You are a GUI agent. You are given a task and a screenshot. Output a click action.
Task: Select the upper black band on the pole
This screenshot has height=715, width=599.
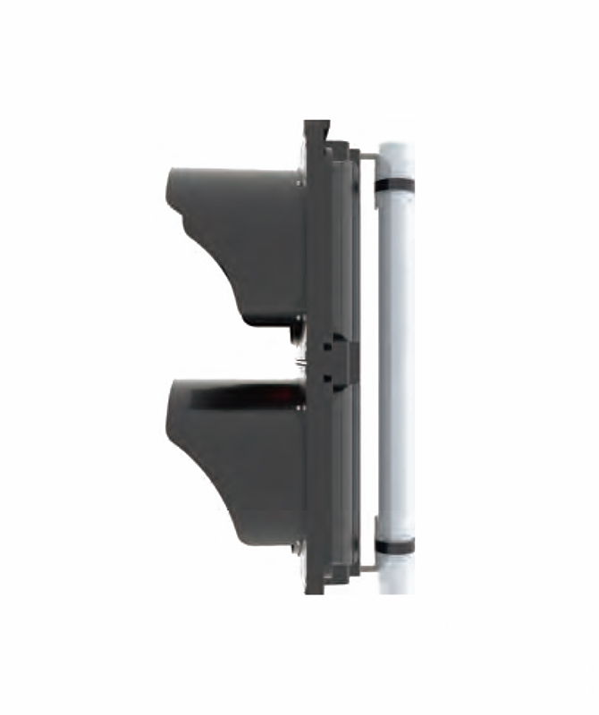[394, 186]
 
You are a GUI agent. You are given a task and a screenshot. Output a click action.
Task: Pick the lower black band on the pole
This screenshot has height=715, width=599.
[394, 545]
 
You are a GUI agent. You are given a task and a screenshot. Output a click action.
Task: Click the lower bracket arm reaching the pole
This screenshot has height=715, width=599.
[367, 563]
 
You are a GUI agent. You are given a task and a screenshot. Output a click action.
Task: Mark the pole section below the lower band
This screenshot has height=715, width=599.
[394, 576]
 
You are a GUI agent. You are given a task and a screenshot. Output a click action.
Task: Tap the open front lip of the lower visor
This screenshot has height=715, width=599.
[172, 407]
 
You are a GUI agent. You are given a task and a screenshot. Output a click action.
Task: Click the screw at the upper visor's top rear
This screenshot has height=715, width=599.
[301, 181]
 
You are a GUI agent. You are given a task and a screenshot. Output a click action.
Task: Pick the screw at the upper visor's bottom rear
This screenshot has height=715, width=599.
[301, 317]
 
